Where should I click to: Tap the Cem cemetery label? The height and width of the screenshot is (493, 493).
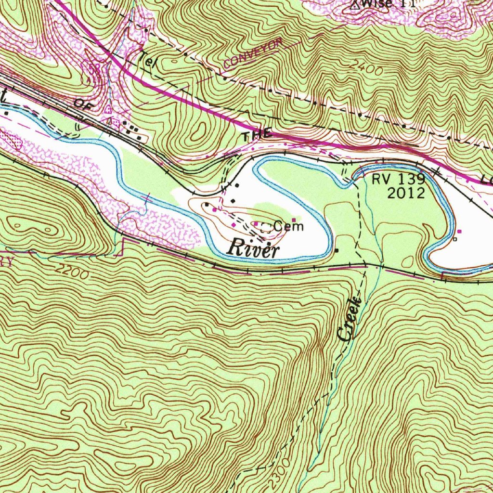289,226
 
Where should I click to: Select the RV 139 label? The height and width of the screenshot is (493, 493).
398,180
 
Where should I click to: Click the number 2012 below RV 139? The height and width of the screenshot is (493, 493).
406,194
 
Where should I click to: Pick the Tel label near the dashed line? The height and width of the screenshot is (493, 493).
146,63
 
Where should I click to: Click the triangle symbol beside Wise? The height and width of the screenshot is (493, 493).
355,5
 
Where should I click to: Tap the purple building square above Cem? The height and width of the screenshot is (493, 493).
294,220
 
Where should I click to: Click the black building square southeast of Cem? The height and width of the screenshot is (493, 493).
336,250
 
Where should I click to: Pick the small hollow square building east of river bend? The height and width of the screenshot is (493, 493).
454,239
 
